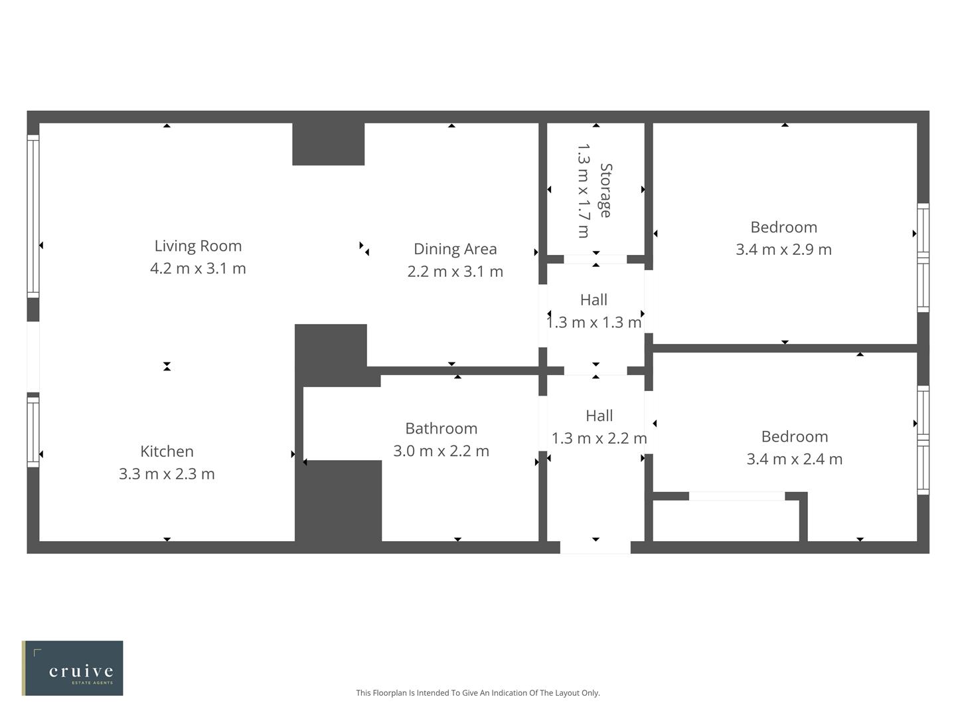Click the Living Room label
click(x=198, y=246)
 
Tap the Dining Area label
click(x=455, y=249)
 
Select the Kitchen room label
click(x=167, y=451)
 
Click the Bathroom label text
click(x=441, y=428)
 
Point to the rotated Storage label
click(x=605, y=191)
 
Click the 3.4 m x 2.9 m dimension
click(x=783, y=250)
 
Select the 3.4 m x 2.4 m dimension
click(x=794, y=459)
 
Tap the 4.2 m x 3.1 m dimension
click(x=198, y=268)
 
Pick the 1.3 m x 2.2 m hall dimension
click(x=599, y=438)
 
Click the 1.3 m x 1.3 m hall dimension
click(x=594, y=323)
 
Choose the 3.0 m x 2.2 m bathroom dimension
click(x=441, y=451)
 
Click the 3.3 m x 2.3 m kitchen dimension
click(x=167, y=474)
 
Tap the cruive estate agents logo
click(x=73, y=668)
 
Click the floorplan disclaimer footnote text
click(x=477, y=692)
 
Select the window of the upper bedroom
click(x=923, y=258)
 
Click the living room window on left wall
click(x=33, y=216)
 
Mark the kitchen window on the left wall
click(x=33, y=431)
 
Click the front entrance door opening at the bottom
click(x=595, y=547)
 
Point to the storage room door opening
click(x=595, y=259)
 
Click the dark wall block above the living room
click(x=328, y=144)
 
